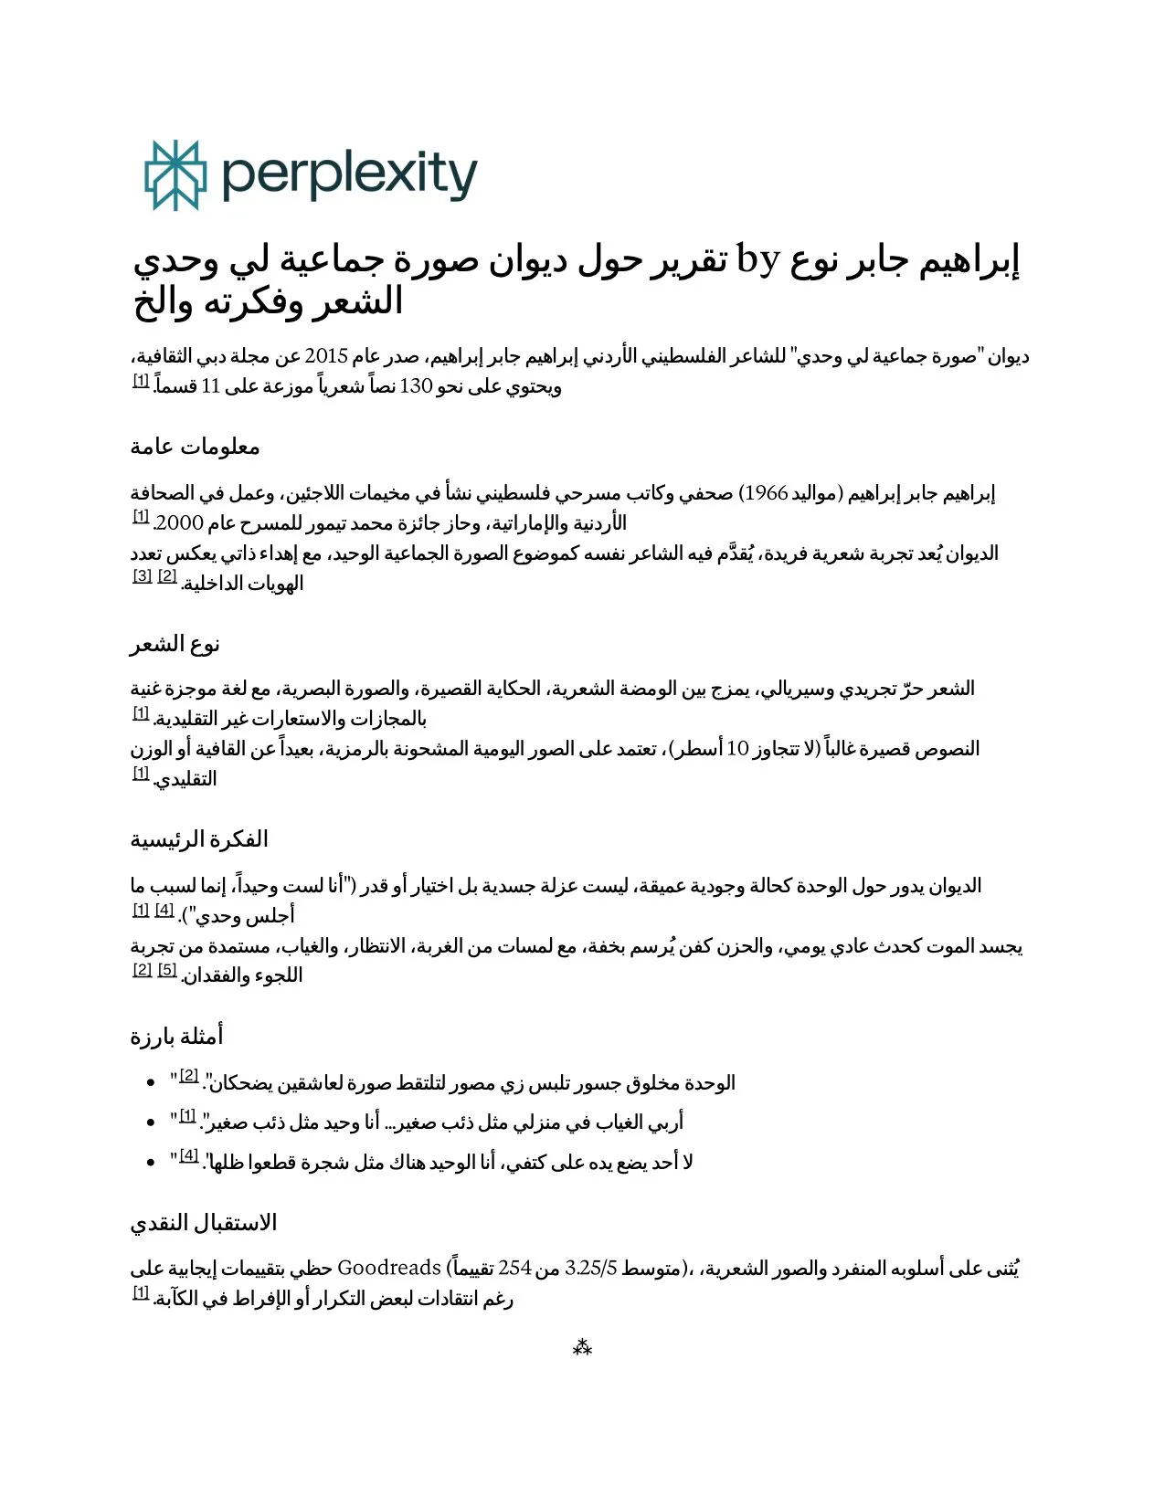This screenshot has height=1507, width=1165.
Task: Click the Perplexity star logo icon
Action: tap(175, 175)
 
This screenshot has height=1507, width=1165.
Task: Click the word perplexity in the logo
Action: tap(349, 175)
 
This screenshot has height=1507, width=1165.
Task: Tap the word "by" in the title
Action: tap(757, 260)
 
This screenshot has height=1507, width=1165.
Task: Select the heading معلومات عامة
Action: tap(195, 447)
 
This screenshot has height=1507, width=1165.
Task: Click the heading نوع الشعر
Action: tap(175, 644)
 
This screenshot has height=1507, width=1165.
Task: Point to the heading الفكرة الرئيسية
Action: tap(199, 839)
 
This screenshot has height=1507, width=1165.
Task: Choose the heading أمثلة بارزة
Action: tap(176, 1037)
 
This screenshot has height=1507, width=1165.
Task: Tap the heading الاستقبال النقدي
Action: tap(203, 1223)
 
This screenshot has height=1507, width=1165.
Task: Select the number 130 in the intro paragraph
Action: tap(416, 386)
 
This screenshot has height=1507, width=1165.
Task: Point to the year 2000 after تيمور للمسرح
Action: tap(180, 523)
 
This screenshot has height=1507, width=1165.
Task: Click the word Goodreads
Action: tap(389, 1268)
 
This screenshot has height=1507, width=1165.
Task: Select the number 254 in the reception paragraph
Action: tap(514, 1268)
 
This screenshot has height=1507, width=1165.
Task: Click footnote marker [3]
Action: tap(143, 576)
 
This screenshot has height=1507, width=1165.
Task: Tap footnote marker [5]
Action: tap(167, 970)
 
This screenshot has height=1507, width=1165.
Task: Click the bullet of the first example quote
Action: tap(151, 1083)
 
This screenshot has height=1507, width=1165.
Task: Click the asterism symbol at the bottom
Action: tap(582, 1347)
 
